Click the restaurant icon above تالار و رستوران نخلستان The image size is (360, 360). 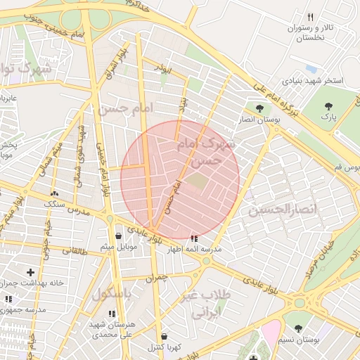[x=310, y=17]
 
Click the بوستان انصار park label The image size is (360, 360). [x=261, y=120]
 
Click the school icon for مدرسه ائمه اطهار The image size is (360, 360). [x=194, y=238]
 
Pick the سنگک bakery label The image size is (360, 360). [x=55, y=204]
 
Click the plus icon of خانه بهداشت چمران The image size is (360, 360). [x=30, y=271]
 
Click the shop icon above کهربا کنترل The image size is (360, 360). [x=164, y=337]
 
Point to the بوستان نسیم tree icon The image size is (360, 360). [x=298, y=328]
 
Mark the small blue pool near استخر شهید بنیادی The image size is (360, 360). [x=311, y=69]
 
